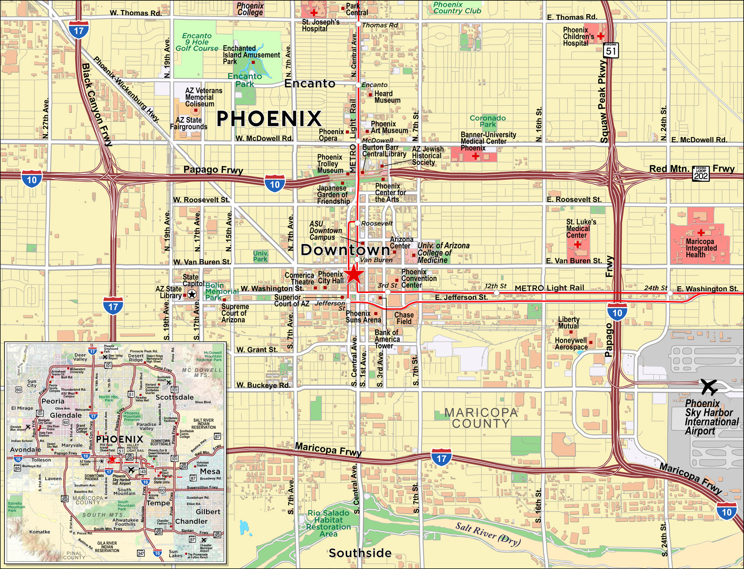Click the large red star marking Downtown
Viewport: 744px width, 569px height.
354,274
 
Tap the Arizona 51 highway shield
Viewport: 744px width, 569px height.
611,51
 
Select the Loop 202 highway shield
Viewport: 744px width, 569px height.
701,173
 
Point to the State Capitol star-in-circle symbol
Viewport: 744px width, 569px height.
192,294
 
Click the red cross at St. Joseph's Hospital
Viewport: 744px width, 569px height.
314,13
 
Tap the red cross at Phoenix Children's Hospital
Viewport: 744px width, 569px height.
601,36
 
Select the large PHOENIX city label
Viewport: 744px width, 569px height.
269,118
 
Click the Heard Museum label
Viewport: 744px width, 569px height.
387,97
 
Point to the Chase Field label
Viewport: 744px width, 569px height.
404,318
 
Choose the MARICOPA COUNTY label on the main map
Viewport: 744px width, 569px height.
481,418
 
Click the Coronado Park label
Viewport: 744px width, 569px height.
488,121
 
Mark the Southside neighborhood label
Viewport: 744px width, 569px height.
360,553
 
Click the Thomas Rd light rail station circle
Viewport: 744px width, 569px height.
358,24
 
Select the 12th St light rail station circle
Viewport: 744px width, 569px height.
497,293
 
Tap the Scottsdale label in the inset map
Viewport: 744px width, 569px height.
174,397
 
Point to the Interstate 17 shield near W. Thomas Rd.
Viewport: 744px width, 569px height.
79,30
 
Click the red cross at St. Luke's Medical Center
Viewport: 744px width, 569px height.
578,244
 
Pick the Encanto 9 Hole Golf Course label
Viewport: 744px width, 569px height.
197,42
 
